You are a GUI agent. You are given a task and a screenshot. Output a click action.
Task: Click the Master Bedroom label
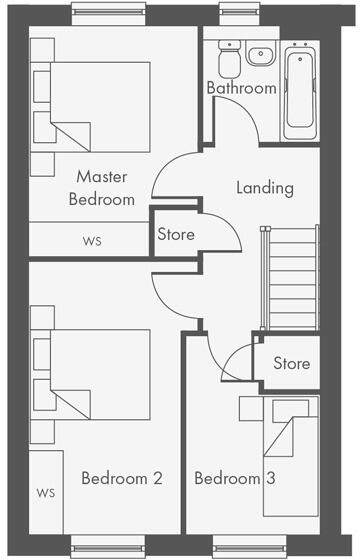(101, 187)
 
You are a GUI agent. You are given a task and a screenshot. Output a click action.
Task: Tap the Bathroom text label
(241, 88)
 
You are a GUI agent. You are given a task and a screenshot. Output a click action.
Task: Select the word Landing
(264, 187)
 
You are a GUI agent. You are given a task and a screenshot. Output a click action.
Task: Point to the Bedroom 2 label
(121, 478)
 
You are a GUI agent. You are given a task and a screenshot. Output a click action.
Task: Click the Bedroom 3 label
(234, 479)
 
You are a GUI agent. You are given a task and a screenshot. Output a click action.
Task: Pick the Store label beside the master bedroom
(176, 235)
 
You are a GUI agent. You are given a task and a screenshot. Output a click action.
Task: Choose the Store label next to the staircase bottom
(291, 363)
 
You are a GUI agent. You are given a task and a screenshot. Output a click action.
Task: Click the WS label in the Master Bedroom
(92, 241)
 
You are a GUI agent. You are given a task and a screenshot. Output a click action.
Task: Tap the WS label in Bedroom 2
(45, 493)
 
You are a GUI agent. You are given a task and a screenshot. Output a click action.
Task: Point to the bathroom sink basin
(262, 55)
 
